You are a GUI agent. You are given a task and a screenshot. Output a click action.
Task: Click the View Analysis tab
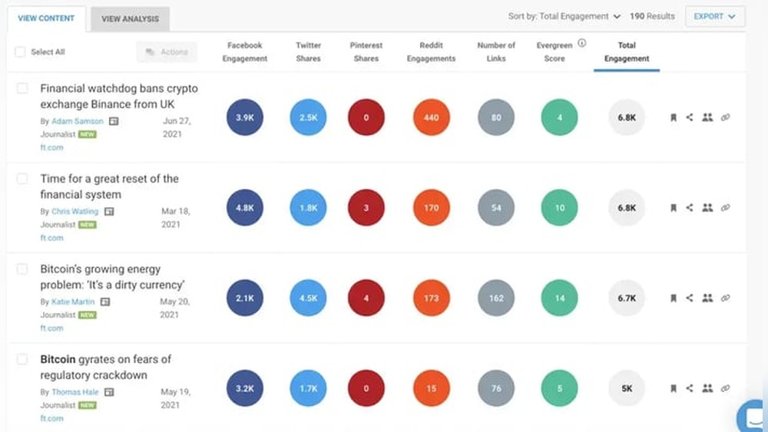coord(130,18)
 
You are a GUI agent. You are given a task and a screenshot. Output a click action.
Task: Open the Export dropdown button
coord(714,16)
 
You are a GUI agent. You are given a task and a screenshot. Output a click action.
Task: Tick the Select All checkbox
coord(20,52)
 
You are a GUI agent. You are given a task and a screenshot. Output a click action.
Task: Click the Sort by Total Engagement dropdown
coord(564,16)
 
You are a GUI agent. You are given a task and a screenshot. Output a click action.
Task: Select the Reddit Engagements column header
coord(431,52)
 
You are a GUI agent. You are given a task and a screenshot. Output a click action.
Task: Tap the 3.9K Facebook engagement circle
coord(245,117)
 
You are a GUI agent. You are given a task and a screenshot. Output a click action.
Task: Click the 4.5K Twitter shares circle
coord(308,298)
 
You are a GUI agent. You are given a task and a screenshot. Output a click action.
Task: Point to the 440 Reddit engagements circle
coord(431,117)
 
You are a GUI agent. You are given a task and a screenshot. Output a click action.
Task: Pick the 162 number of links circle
coord(496,298)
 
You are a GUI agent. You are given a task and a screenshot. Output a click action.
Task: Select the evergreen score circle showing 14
coord(559,298)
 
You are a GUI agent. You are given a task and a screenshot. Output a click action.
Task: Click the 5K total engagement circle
coord(627,388)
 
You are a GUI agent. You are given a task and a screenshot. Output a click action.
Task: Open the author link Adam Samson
coord(78,121)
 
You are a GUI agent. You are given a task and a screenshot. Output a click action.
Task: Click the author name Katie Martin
coord(73,302)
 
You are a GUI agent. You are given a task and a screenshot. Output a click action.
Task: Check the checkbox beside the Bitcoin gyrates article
coord(22,359)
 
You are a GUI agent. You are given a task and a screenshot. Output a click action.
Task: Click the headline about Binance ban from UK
coord(118,96)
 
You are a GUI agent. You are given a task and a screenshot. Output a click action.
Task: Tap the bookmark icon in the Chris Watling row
coord(673,208)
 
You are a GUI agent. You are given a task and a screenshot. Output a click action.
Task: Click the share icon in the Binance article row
coord(689,117)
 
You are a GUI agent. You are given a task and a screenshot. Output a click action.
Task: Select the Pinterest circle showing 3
coord(366,208)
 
